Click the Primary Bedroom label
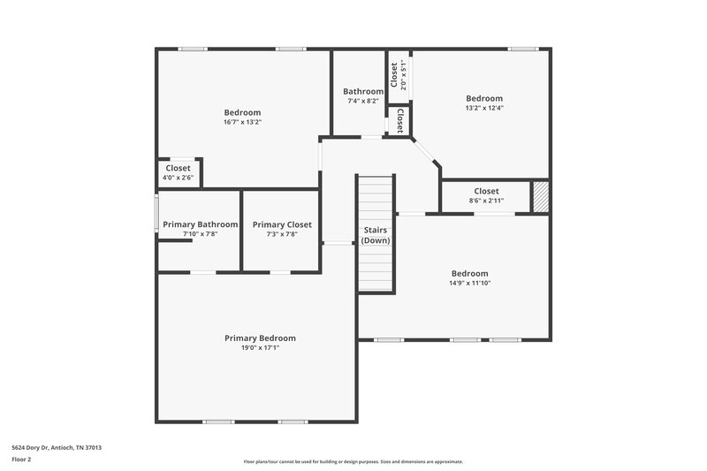[260, 338]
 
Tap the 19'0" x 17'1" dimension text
[260, 348]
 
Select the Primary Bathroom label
[200, 224]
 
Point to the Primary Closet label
[282, 224]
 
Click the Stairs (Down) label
[376, 235]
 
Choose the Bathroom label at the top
[363, 91]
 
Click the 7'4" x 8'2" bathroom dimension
[363, 101]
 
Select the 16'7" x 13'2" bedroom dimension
[242, 122]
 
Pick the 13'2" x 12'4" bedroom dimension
[484, 108]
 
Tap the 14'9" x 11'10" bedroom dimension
[469, 284]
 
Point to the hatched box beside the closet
[540, 196]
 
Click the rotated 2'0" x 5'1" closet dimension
[403, 75]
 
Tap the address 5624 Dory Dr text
[57, 448]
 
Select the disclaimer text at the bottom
[353, 461]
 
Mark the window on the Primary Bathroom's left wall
[157, 216]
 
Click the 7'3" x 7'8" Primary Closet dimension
[282, 234]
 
